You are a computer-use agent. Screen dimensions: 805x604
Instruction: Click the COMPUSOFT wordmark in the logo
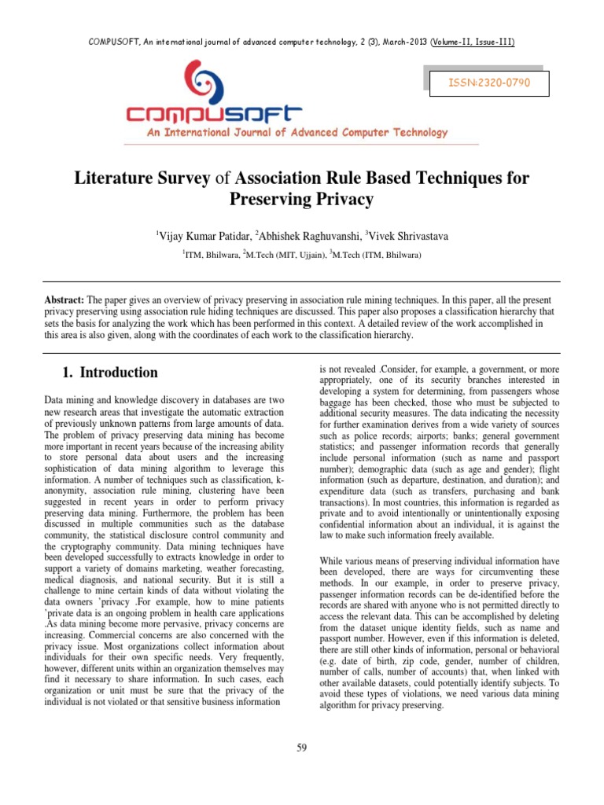[x=215, y=114]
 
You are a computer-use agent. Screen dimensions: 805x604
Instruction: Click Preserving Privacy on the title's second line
[x=301, y=200]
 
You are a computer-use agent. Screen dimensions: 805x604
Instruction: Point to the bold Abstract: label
[x=65, y=301]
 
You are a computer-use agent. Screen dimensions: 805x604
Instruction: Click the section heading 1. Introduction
[x=109, y=373]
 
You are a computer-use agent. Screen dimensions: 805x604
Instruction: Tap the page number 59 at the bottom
[x=302, y=747]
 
